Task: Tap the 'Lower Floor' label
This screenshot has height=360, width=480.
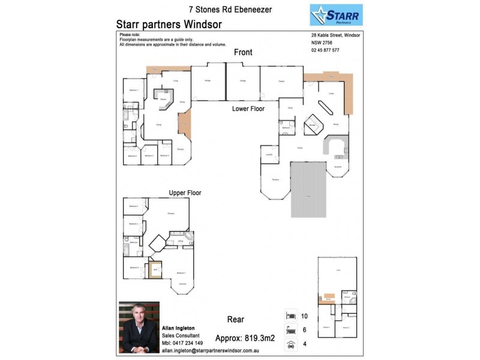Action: click(x=248, y=109)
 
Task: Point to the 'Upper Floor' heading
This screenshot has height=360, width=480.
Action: click(x=185, y=193)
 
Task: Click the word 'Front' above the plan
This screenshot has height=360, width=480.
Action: click(x=243, y=53)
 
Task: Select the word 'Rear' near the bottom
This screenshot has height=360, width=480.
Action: click(x=235, y=320)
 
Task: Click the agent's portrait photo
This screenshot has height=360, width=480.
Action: click(x=139, y=326)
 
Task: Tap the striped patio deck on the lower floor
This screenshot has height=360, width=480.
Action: click(x=308, y=191)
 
